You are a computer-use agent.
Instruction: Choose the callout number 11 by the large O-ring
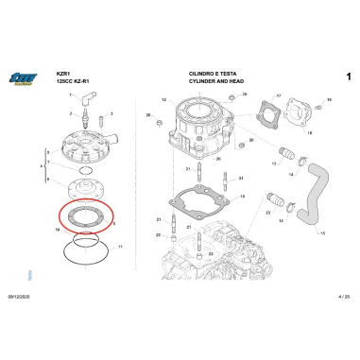click(119, 248)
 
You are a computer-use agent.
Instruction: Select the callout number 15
click(324, 231)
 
